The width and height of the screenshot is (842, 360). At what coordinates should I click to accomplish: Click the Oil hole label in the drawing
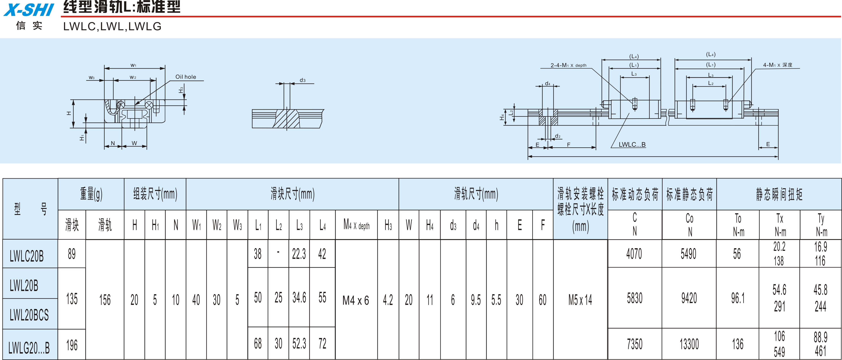186,77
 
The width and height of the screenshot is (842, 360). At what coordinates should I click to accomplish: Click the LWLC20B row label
26,256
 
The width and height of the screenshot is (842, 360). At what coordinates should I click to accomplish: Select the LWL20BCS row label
29,315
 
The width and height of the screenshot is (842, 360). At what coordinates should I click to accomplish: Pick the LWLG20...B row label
29,348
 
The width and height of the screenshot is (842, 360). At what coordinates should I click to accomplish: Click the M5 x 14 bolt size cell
580,300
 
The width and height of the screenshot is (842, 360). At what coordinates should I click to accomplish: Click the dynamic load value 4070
634,254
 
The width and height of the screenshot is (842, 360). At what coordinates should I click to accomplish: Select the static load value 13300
689,344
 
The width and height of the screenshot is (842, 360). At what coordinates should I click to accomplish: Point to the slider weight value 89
72,254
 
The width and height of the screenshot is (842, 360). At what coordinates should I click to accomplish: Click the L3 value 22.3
299,254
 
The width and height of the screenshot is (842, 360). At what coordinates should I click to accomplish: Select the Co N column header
690,225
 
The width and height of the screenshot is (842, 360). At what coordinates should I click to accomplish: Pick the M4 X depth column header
356,224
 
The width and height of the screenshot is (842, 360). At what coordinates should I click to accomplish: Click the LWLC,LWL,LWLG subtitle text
112,26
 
